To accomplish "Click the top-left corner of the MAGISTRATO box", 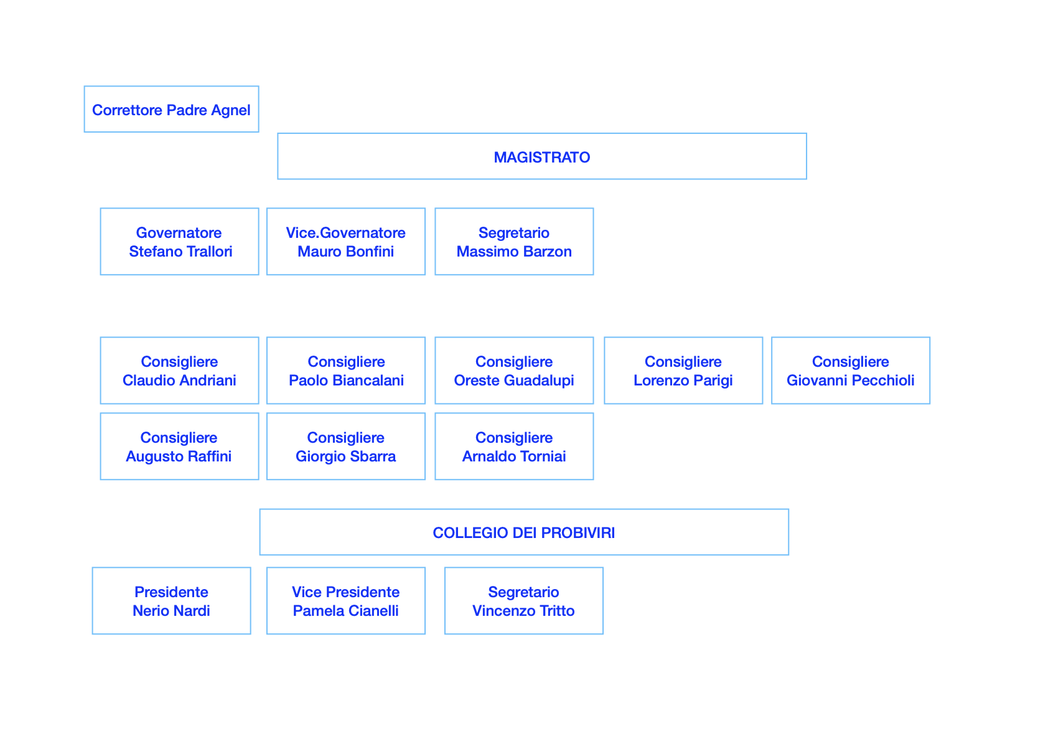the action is coord(278,134).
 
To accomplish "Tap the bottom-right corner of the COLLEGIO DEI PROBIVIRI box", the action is coord(789,555).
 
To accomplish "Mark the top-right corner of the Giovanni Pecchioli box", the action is coord(930,337).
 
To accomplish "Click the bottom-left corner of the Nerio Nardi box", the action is coord(93,634).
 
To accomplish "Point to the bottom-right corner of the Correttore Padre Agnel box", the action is coord(259,132).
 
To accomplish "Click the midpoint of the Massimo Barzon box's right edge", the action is coord(594,242).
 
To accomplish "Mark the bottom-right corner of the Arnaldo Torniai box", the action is coord(594,479).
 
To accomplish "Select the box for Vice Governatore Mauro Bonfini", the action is coord(346,242).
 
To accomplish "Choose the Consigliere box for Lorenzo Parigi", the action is coord(683,370).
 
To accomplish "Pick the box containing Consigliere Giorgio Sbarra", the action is coord(346,446).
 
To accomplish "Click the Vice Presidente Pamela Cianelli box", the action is coord(346,600).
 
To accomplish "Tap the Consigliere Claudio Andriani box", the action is coord(180,370).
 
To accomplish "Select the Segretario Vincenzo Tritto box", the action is coord(524,600).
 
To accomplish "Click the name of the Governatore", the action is coord(180,252).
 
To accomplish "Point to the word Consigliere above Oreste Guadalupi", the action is coord(514,362).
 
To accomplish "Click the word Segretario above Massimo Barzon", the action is coord(514,233).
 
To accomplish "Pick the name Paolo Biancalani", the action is coord(346,380).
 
